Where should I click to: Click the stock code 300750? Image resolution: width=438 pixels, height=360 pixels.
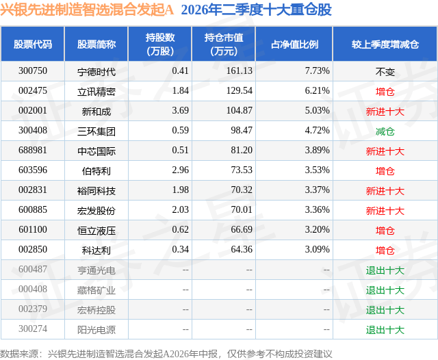click(x=33, y=71)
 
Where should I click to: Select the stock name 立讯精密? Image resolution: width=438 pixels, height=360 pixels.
click(x=96, y=92)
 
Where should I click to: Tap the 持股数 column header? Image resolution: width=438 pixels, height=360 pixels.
click(x=160, y=44)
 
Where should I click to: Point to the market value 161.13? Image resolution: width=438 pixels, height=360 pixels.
click(x=239, y=71)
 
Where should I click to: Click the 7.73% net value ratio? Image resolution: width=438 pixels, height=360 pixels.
click(x=317, y=71)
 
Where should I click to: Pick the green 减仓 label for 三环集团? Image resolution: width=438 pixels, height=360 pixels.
click(x=385, y=131)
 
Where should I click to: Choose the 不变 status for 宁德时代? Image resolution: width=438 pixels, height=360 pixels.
click(x=385, y=72)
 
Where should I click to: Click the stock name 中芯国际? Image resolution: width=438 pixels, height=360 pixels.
click(x=96, y=151)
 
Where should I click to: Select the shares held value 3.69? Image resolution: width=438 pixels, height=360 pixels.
click(x=180, y=111)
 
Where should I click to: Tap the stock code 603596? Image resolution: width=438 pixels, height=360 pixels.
click(x=33, y=170)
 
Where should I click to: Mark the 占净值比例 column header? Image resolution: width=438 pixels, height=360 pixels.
click(x=294, y=44)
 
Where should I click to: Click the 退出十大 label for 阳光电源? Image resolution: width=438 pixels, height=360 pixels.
click(x=385, y=330)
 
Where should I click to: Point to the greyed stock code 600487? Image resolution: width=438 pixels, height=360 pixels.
click(x=33, y=269)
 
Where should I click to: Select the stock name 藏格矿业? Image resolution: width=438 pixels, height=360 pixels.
click(x=96, y=290)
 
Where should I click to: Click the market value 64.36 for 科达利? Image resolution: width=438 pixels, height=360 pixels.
click(x=242, y=249)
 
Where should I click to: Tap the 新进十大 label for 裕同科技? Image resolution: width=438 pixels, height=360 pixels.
click(x=385, y=191)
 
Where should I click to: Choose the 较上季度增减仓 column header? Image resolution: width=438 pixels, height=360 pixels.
click(x=385, y=44)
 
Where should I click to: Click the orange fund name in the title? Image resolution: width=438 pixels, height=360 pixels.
click(x=87, y=10)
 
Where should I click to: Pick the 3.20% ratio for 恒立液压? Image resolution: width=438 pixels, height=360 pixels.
click(x=317, y=229)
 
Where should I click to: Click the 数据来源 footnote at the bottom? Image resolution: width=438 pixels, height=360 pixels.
click(x=166, y=354)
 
